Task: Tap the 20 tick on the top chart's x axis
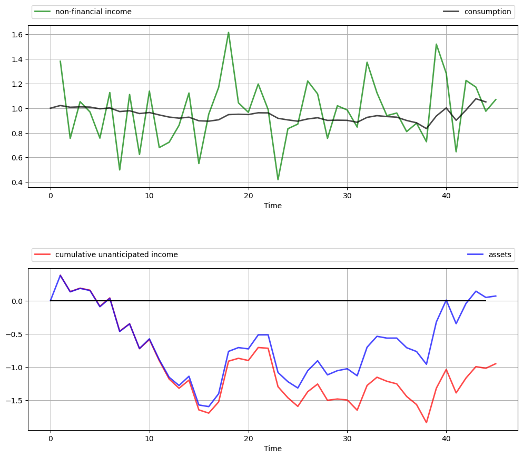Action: [249, 196]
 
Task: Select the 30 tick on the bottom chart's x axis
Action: [347, 439]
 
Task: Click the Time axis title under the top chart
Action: [273, 206]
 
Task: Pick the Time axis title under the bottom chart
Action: [273, 449]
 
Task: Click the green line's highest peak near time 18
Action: [229, 33]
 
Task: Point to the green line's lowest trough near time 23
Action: [278, 180]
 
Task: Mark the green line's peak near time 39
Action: [437, 44]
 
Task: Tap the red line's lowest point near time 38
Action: [427, 422]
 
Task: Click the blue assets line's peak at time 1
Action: [61, 275]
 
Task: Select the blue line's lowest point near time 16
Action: [209, 406]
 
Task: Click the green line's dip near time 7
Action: [120, 170]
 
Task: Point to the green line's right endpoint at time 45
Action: [496, 99]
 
